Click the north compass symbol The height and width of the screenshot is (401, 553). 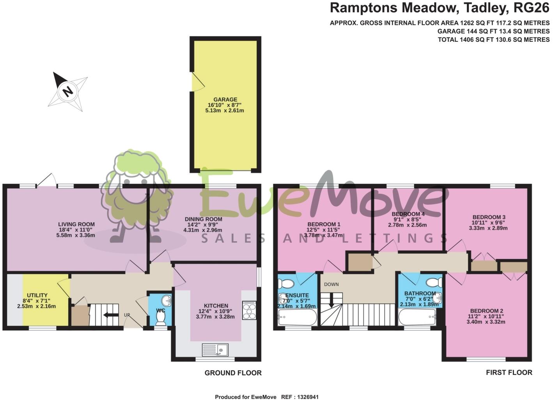tap(68, 91)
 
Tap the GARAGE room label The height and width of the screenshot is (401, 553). tap(225, 100)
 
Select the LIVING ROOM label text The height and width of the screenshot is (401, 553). tap(76, 224)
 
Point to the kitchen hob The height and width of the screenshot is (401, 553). tap(249, 310)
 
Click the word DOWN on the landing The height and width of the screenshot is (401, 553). tap(331, 284)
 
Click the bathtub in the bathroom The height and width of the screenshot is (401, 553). tap(417, 317)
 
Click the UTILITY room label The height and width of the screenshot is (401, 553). tap(37, 295)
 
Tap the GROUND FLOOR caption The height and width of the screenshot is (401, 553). tap(233, 373)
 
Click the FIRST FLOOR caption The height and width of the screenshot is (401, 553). tap(509, 372)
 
